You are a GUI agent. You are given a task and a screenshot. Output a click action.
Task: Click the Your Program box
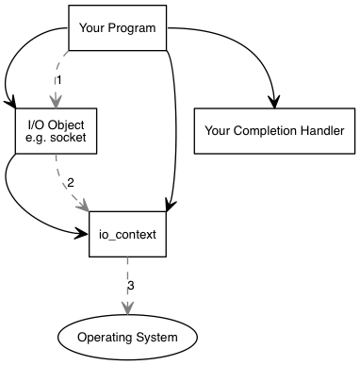pyautogui.click(x=118, y=27)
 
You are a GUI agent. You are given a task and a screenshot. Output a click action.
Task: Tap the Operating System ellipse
pyautogui.click(x=129, y=337)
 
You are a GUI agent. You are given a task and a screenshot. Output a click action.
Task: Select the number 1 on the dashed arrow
pyautogui.click(x=58, y=80)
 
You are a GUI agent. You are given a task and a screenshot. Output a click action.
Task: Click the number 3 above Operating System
pyautogui.click(x=131, y=284)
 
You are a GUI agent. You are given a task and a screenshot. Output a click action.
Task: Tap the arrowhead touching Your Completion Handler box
pyautogui.click(x=275, y=101)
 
